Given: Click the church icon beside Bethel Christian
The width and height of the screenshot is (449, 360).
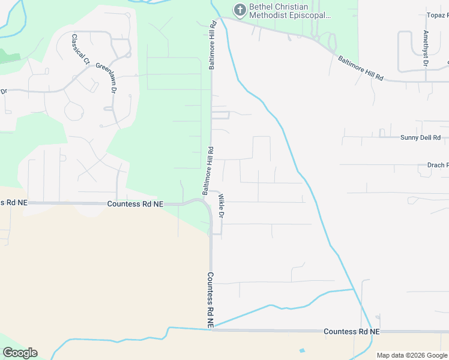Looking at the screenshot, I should click(240, 9).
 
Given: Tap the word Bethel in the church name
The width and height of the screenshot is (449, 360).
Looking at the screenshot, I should click(263, 7).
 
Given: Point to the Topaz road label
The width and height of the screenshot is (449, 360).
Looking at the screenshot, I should click(437, 14).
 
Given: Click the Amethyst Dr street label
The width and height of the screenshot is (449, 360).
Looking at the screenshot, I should click(426, 47).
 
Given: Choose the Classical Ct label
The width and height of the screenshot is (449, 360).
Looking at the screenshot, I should click(80, 49).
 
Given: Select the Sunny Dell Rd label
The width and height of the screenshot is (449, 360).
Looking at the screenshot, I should click(421, 137).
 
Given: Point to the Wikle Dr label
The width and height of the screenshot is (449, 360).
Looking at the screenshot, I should click(221, 206).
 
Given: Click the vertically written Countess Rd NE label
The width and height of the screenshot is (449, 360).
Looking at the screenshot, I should click(211, 300).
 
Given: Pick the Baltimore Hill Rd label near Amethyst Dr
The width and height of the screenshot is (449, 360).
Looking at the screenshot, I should click(360, 68).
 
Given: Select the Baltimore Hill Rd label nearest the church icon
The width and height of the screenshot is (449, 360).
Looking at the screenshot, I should click(212, 45).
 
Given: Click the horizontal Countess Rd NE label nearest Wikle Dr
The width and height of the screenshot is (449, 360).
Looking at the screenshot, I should click(135, 204).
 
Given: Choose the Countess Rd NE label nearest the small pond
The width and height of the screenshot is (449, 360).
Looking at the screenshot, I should click(351, 331).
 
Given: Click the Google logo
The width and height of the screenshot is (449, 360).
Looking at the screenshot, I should click(20, 353).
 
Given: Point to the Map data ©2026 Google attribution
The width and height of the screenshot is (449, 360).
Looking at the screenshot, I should click(412, 355).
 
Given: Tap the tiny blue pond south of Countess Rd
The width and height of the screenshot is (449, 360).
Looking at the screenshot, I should click(302, 350).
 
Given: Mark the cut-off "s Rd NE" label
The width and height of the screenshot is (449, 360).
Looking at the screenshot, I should click(13, 203).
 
